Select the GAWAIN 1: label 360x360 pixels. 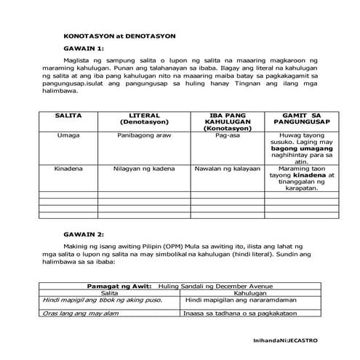tap(84, 49)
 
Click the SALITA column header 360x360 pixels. tap(67, 116)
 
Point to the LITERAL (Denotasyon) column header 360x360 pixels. tap(143, 119)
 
